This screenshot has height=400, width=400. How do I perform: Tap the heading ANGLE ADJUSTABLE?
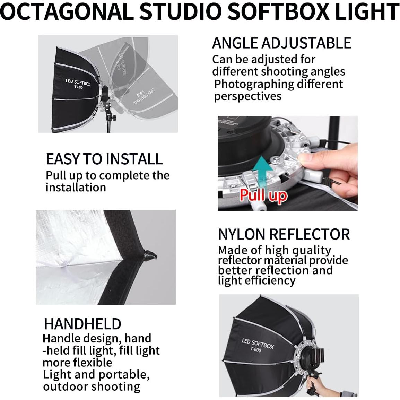[281, 43]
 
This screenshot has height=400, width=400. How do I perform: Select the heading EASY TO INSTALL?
[104, 159]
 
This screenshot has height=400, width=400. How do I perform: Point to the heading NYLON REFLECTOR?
[284, 235]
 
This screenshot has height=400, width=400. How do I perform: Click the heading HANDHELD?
[82, 324]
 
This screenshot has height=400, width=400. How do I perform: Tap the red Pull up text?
[263, 195]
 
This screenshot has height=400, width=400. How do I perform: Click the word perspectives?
[248, 96]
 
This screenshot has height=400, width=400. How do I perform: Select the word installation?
[76, 188]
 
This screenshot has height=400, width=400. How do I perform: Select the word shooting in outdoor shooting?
[116, 387]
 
